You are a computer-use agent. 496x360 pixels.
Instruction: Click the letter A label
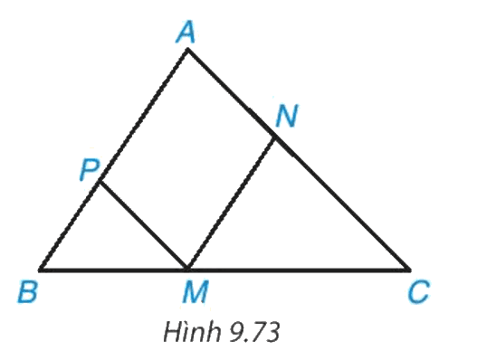coord(186,33)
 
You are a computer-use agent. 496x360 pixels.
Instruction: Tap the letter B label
coord(27,291)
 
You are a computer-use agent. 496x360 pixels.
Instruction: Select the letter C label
coord(418,293)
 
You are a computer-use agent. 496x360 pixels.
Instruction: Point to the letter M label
coord(196,292)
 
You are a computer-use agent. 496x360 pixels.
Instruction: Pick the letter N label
coord(287,116)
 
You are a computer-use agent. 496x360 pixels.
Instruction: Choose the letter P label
coord(90,170)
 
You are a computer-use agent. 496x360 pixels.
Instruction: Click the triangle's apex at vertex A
coord(187,49)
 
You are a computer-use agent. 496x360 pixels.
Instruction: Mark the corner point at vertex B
coord(40,270)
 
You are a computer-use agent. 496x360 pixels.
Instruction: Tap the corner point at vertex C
coord(409,270)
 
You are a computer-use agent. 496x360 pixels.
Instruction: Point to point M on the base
coord(187,270)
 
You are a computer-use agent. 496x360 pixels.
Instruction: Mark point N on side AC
coord(275,137)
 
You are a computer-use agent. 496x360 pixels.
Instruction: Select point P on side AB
coord(100,182)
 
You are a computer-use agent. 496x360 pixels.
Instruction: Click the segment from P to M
coord(143,225)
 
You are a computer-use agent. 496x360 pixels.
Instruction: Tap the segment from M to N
coord(231,204)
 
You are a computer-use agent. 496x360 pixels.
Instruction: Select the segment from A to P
coord(144,116)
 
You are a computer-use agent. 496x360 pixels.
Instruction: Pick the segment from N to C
coord(342,204)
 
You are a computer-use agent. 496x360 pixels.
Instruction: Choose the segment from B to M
coord(113,270)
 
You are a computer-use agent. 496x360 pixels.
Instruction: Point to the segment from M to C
coord(298,270)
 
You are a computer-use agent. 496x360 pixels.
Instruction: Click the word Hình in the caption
coord(192,332)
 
